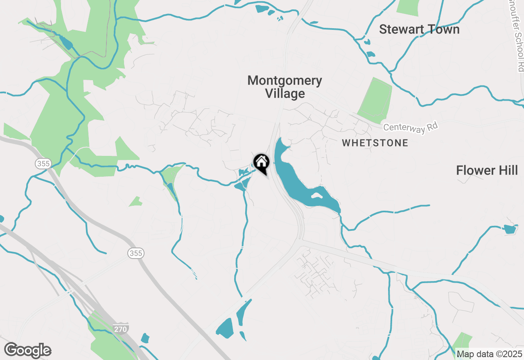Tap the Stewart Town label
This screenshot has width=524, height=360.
[419, 29]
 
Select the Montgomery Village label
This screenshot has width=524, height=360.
[285, 87]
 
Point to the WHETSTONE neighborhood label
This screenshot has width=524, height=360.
[375, 143]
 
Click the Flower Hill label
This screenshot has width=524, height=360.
[487, 170]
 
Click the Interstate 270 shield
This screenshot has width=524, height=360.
[122, 328]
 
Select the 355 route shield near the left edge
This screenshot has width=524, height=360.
[43, 164]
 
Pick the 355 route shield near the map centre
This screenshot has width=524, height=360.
[135, 253]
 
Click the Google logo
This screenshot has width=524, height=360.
[27, 350]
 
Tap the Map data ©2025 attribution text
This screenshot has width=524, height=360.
[489, 354]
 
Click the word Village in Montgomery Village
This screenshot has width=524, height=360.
[285, 94]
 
